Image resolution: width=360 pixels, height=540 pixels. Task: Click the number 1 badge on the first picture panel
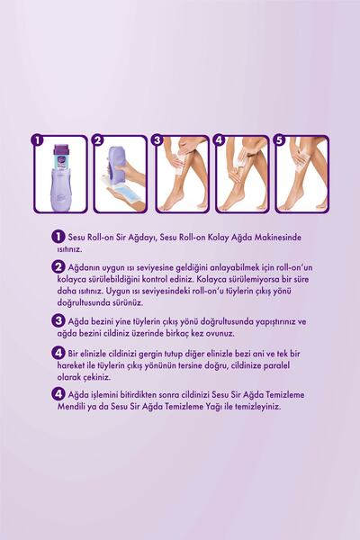click(37, 140)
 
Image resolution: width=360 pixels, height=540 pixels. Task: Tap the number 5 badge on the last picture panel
click(279, 140)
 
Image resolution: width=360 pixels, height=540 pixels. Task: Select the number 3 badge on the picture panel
click(157, 140)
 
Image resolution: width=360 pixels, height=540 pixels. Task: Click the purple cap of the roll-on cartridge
click(60, 149)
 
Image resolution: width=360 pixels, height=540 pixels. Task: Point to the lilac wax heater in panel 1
click(59, 189)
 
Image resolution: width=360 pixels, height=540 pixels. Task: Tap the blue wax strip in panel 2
click(125, 190)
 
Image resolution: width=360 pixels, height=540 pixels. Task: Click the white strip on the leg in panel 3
click(178, 166)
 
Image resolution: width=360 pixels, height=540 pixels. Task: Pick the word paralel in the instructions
click(276, 365)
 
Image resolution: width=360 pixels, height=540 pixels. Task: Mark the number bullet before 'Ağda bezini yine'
click(58, 321)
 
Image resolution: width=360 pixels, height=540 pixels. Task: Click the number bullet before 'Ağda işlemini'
click(58, 394)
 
